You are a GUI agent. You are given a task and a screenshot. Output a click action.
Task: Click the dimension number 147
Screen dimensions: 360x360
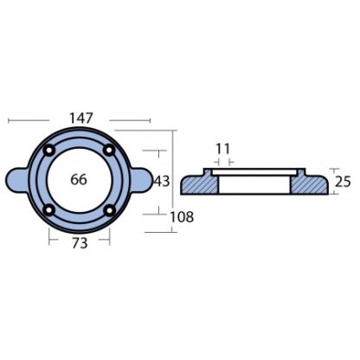coord(81,119)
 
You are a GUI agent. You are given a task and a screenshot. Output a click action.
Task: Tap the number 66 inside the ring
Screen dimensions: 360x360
coord(79,180)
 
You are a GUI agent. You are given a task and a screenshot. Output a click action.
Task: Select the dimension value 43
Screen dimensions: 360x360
coord(162,182)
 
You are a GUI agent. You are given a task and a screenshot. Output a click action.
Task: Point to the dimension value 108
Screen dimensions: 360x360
coord(182,217)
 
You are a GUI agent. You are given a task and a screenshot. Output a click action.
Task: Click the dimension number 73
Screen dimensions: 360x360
coord(80,243)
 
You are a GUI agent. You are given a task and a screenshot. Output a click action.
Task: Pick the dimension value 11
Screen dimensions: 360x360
coord(223,149)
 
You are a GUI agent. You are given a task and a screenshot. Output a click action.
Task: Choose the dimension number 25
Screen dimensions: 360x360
coord(343,182)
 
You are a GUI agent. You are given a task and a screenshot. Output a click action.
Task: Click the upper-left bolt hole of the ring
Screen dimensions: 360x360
coord(48,150)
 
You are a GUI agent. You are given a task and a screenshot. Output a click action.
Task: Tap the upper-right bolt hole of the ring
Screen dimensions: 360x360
coord(109,150)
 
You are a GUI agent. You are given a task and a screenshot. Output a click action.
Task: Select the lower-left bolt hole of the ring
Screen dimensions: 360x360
coord(48,210)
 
